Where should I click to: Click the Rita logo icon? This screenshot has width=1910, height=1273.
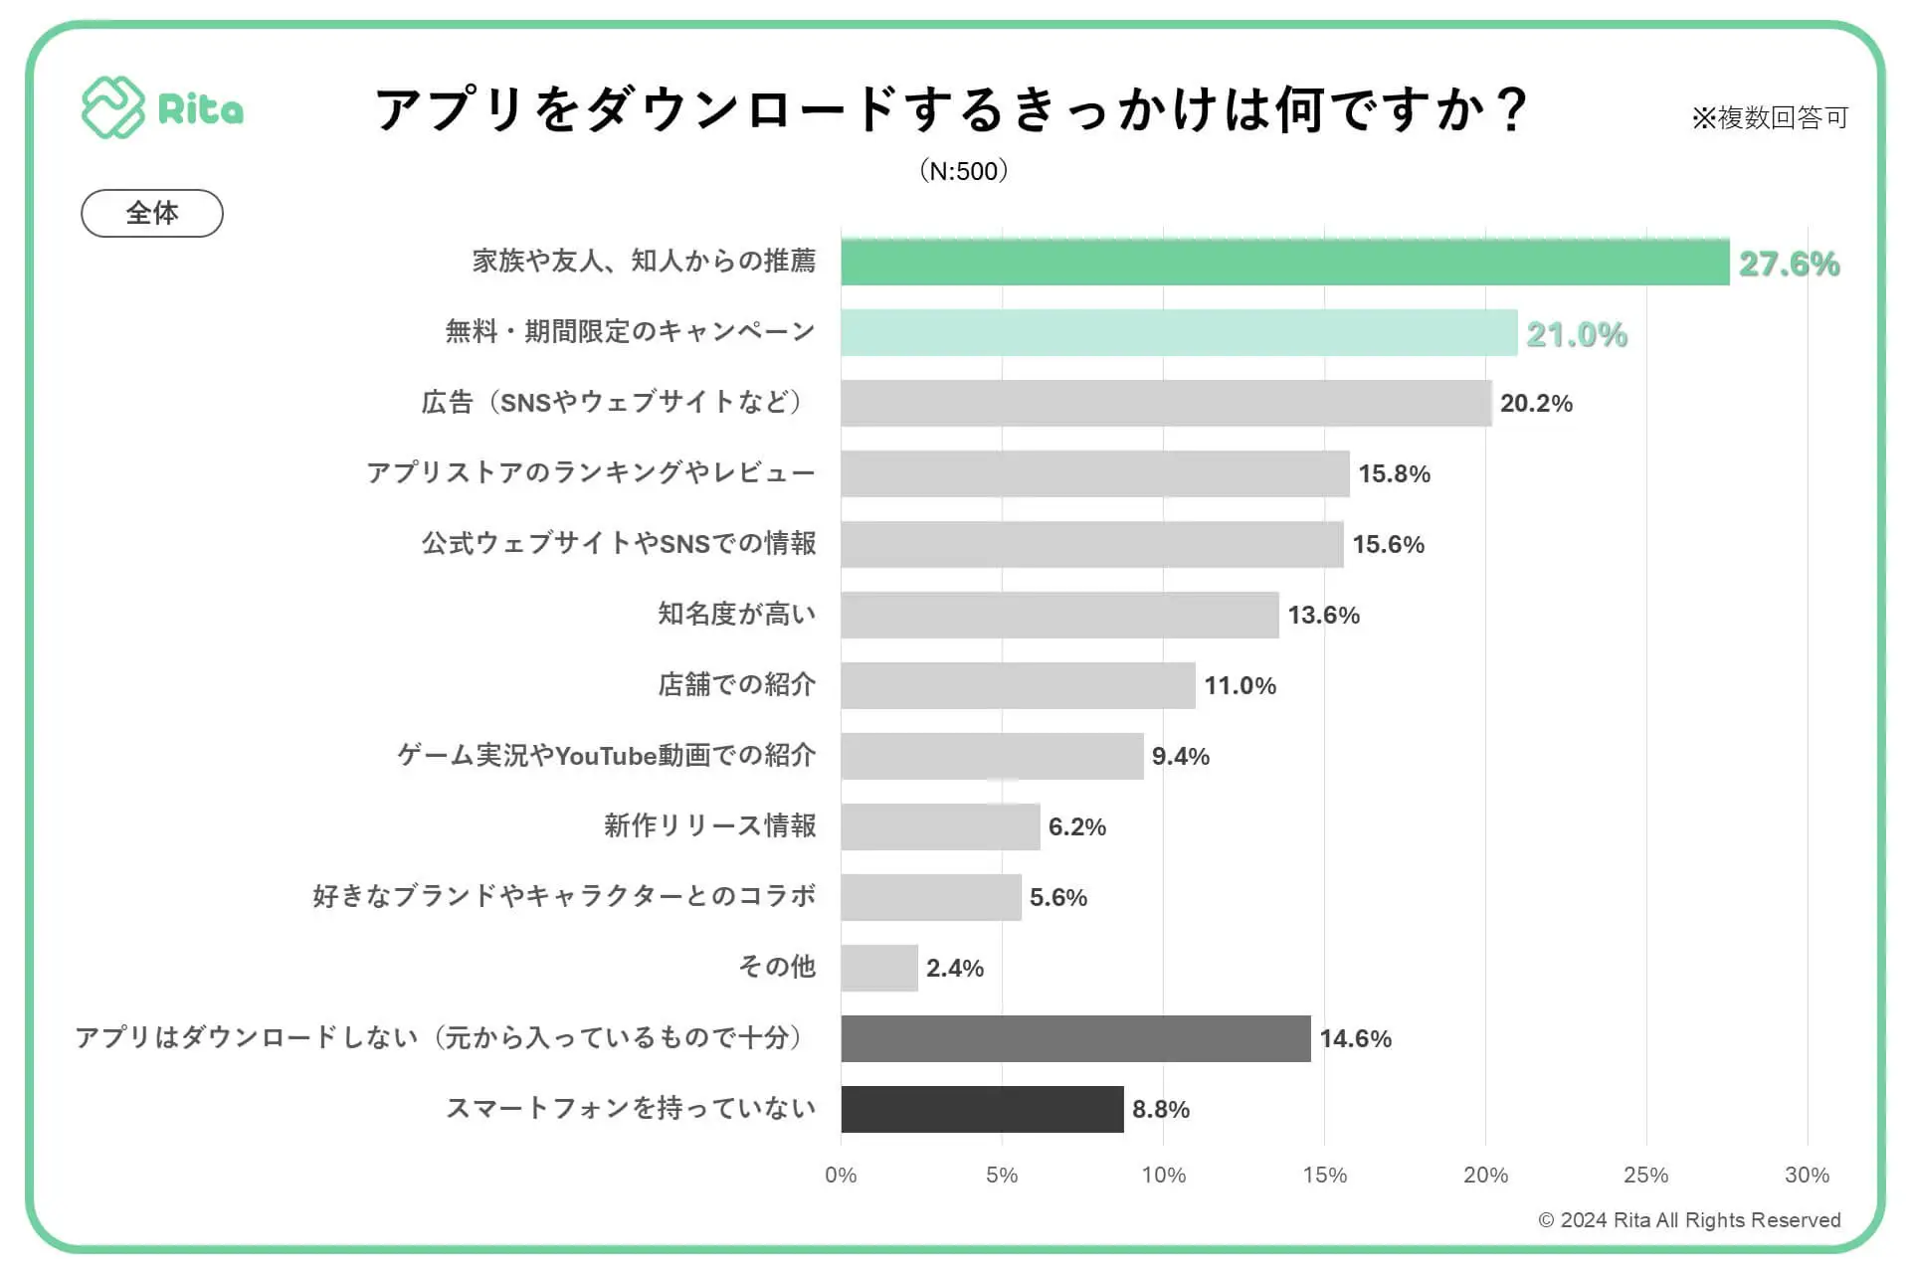pyautogui.click(x=112, y=107)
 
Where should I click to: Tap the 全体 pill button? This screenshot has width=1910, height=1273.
pyautogui.click(x=152, y=213)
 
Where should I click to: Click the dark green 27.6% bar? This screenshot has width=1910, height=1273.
pyautogui.click(x=1284, y=263)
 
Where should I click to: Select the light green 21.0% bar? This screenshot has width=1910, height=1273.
pyautogui.click(x=1179, y=333)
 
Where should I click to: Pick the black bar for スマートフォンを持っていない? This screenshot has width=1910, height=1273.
pyautogui.click(x=982, y=1109)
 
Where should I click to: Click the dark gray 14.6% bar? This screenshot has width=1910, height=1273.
pyautogui.click(x=1075, y=1038)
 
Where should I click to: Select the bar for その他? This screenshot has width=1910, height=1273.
pyautogui.click(x=878, y=968)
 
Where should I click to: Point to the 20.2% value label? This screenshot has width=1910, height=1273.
pyautogui.click(x=1536, y=404)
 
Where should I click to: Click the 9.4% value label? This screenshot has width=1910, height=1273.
pyautogui.click(x=1181, y=757)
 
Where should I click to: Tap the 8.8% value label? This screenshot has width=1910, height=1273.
pyautogui.click(x=1161, y=1110)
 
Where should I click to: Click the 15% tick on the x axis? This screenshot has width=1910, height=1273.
pyautogui.click(x=1324, y=1176)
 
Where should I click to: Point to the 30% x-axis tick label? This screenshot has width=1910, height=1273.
pyautogui.click(x=1807, y=1176)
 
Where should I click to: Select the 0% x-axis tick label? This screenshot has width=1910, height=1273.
pyautogui.click(x=841, y=1176)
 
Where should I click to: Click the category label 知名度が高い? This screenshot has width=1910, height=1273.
pyautogui.click(x=736, y=615)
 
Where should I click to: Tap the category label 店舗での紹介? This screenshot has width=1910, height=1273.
pyautogui.click(x=736, y=685)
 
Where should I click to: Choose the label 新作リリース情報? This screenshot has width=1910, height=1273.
pyautogui.click(x=709, y=826)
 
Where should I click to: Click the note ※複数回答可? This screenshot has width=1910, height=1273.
pyautogui.click(x=1770, y=118)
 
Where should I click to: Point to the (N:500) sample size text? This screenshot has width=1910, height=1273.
pyautogui.click(x=964, y=171)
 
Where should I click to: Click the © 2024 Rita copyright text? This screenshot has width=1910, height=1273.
pyautogui.click(x=1689, y=1220)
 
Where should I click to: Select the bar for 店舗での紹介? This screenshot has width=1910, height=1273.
pyautogui.click(x=1018, y=685)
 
